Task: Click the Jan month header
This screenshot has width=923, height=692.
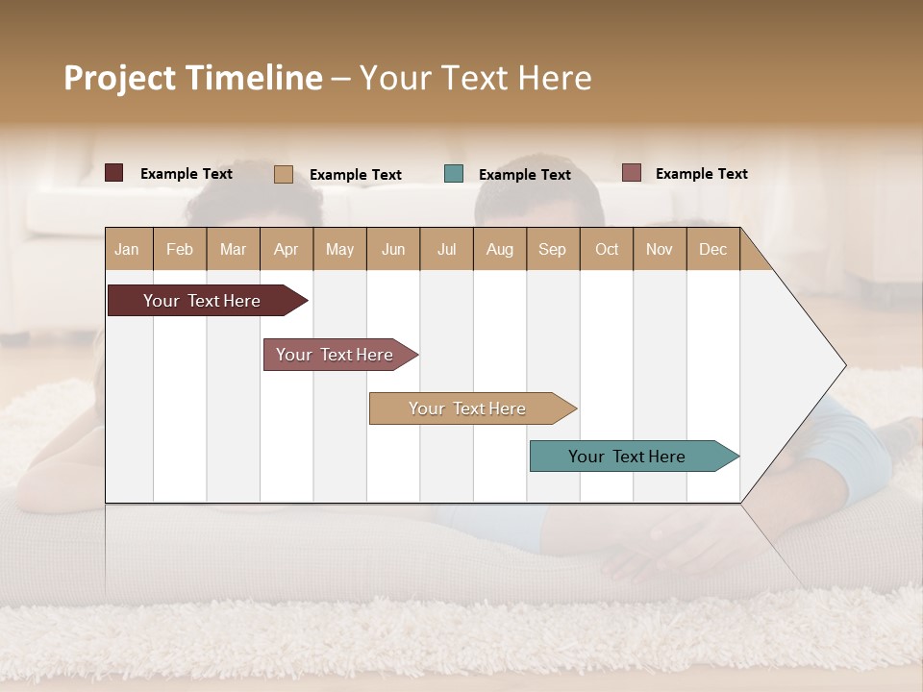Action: [x=127, y=249]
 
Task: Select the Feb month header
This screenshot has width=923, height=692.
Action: [x=180, y=249]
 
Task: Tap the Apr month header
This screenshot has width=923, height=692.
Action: [x=286, y=249]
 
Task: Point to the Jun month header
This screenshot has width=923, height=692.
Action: [x=393, y=249]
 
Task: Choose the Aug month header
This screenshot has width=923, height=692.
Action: [x=499, y=249]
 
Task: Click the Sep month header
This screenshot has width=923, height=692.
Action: [x=552, y=249]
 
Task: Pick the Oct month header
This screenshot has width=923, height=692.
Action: [x=607, y=249]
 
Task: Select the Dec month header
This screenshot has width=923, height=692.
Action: [x=712, y=249]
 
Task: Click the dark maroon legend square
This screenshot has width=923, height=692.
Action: [x=114, y=173]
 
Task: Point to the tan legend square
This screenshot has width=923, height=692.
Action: [x=284, y=174]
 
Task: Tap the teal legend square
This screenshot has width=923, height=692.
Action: [x=454, y=174]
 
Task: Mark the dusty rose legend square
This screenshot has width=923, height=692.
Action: [x=632, y=173]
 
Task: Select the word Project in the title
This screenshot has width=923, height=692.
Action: [x=119, y=78]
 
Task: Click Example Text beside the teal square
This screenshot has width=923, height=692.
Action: [x=524, y=174]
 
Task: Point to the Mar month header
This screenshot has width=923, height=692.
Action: [x=233, y=249]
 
